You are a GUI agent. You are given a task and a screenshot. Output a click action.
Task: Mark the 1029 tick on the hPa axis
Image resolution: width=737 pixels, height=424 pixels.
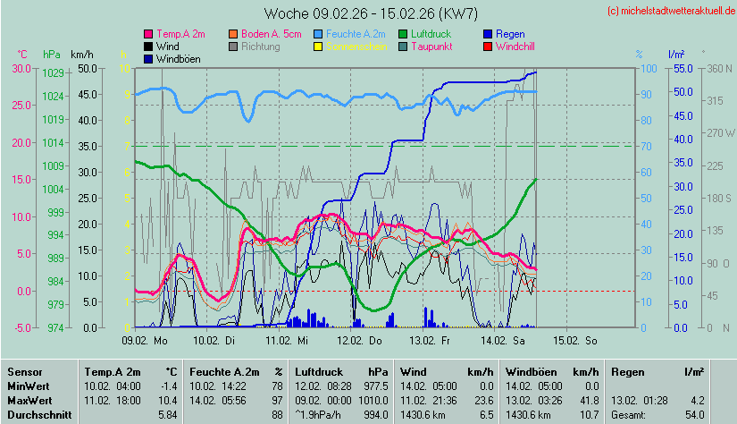(x=53, y=72)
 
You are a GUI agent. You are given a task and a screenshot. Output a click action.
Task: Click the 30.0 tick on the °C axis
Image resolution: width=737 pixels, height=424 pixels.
(x=17, y=68)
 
